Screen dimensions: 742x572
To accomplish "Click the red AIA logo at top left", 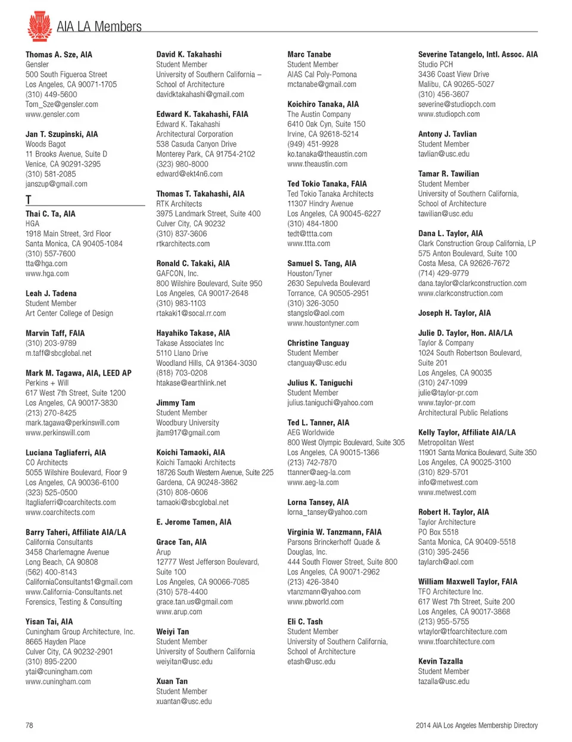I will pos(39,26).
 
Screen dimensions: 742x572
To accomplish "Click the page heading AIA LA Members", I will pos(99,27).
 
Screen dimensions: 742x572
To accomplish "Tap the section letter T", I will pos(29,200).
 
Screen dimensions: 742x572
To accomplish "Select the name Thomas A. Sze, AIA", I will pos(58,54).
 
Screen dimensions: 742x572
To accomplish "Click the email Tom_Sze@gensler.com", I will pos(61,104).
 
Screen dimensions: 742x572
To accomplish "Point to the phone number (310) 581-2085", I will pos(51,174).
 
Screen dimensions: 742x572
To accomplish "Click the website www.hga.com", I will pos(47,274).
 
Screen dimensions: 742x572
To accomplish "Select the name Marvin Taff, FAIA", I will pos(55,333).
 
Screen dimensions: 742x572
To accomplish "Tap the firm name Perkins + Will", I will pos(47,383).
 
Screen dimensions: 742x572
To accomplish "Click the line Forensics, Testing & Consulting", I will pos(73,602).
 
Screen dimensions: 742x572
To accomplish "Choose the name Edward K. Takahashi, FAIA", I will pos(202,114).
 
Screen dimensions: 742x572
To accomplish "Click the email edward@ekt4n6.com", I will pos(189,174).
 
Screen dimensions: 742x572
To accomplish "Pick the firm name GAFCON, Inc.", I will pos(177,274).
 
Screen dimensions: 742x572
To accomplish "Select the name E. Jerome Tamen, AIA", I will pos(194,522).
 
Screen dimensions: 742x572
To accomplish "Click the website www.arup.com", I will pos(179,611).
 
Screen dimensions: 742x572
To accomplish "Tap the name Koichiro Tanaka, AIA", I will pos(323,104).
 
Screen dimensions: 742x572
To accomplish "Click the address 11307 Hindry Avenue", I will pos(320,204).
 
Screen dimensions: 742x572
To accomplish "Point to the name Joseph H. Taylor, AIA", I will pos(454,313).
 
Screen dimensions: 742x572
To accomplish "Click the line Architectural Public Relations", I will pos(463,412).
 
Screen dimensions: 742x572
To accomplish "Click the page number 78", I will pos(29,725).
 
